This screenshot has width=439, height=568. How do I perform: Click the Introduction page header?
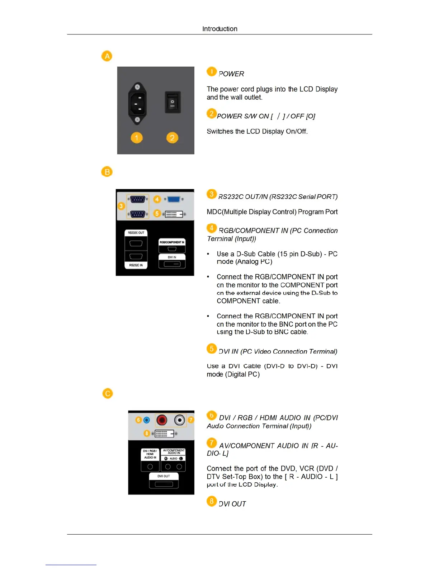coord(219,29)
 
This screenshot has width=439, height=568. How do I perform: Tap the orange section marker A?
coord(107,56)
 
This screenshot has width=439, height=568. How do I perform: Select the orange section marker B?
coord(107,172)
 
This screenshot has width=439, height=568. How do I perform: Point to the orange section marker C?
coord(107,393)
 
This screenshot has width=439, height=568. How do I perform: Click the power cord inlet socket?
coord(137,103)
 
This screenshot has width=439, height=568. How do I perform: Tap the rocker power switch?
coord(173,102)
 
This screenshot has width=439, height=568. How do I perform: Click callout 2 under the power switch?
coord(172,138)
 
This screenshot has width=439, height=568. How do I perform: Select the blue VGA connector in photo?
coord(174,199)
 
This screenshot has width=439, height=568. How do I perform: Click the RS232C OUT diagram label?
coord(136,233)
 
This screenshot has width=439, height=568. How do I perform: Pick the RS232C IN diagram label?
coord(136,265)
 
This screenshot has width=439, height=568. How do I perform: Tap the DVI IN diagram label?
coord(172,257)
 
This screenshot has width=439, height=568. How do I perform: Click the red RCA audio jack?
coord(162,420)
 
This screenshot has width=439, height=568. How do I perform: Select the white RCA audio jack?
coord(179,420)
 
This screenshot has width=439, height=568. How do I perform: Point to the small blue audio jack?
coord(146,420)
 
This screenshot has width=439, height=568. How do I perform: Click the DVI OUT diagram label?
coord(164,476)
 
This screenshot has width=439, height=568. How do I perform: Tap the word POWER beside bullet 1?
coord(231,74)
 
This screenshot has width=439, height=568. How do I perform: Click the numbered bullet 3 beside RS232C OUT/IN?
coord(212,194)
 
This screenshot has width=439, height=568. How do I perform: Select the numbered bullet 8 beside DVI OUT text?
coord(212,501)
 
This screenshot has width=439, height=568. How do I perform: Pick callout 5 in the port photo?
coord(157,213)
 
